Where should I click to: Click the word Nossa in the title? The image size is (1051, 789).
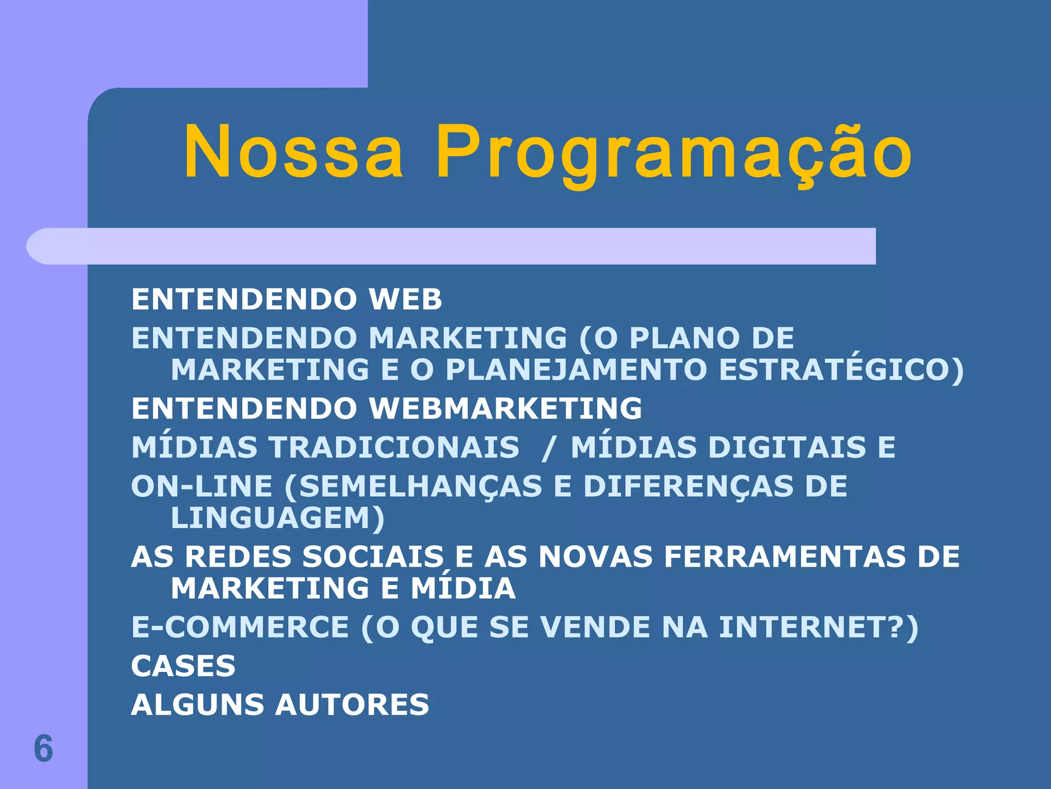(294, 153)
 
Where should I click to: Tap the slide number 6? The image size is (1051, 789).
(44, 748)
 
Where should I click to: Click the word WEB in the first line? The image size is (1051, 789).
(405, 299)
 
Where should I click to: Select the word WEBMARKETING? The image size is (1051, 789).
(505, 409)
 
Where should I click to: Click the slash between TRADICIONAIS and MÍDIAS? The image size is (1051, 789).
(548, 448)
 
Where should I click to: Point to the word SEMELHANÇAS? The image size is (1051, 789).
(420, 486)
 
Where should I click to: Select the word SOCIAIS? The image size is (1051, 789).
(373, 557)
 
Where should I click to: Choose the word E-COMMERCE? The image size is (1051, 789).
(240, 627)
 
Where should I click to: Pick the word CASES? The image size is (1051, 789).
(183, 666)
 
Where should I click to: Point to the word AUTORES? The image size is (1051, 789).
(352, 705)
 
